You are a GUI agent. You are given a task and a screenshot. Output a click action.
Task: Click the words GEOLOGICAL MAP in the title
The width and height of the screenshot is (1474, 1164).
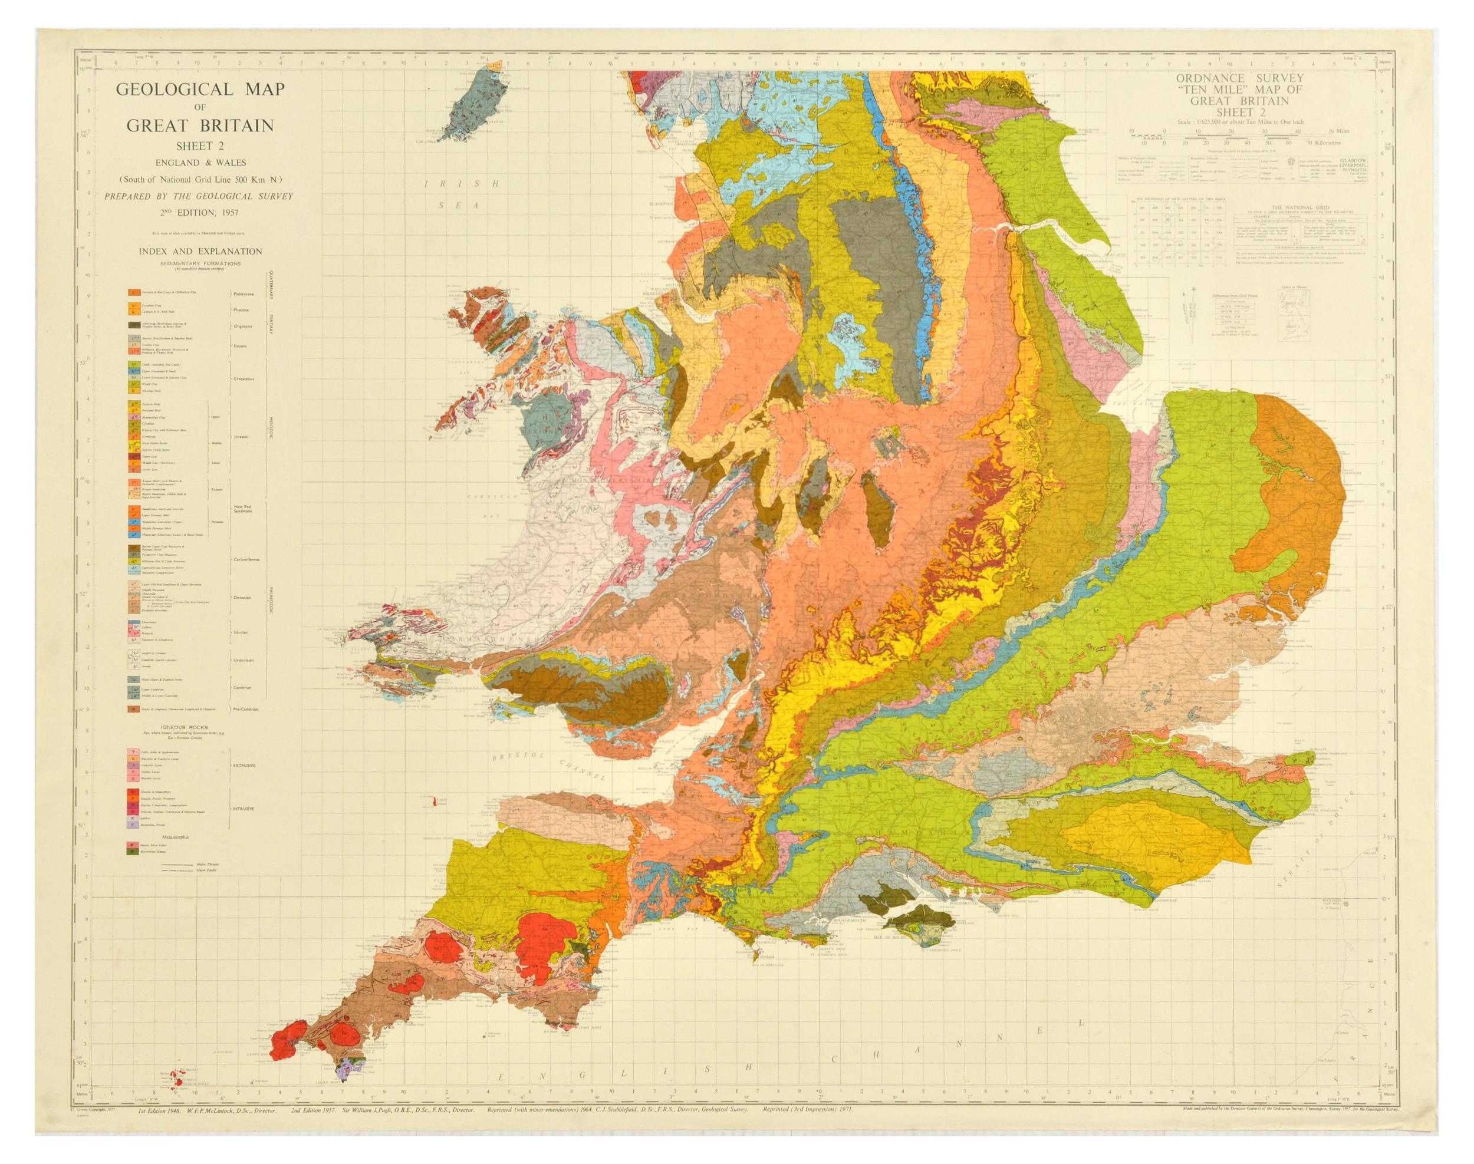[x=186, y=91]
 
